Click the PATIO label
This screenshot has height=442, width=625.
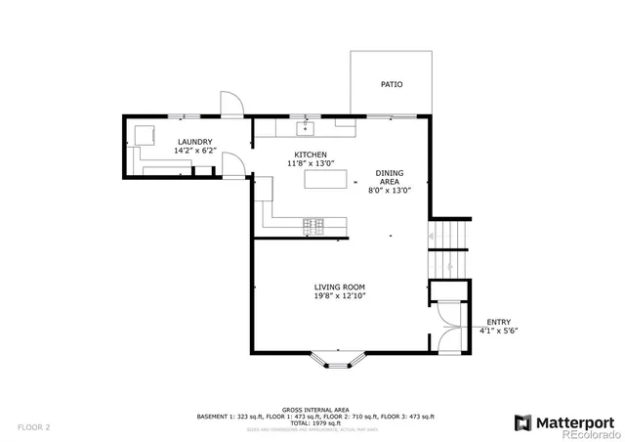pos(391,84)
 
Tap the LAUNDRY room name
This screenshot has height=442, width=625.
pos(194,142)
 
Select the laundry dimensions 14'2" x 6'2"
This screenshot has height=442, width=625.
pos(194,152)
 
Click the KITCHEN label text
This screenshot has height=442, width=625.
pos(311,155)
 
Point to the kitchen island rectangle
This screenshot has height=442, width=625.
pos(326,179)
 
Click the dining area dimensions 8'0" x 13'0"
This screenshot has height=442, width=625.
pos(390,191)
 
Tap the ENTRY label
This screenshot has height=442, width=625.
pos(498,322)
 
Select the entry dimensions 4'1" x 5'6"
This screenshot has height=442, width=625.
pos(498,331)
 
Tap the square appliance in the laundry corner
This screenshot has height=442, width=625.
pos(144,135)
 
